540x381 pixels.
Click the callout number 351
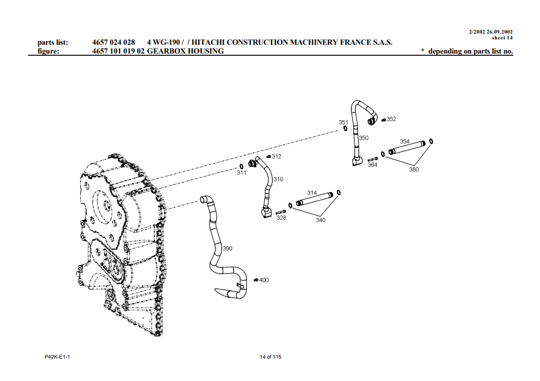(x=343, y=122)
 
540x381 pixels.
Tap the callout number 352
(x=392, y=119)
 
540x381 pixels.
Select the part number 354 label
(x=405, y=141)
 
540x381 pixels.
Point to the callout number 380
(x=414, y=169)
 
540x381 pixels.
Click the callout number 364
(x=372, y=165)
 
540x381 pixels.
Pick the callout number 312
(x=276, y=157)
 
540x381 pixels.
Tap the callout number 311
(x=241, y=173)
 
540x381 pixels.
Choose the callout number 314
(x=312, y=193)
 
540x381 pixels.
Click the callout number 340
(x=320, y=220)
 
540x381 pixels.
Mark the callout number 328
(x=281, y=218)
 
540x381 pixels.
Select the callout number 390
(x=227, y=249)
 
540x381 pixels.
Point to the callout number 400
(x=264, y=280)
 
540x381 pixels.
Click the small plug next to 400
(x=256, y=280)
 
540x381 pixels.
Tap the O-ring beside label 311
(x=241, y=166)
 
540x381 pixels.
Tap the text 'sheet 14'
(x=502, y=38)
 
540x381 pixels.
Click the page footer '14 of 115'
(x=270, y=357)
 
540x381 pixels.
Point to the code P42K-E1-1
(x=57, y=357)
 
